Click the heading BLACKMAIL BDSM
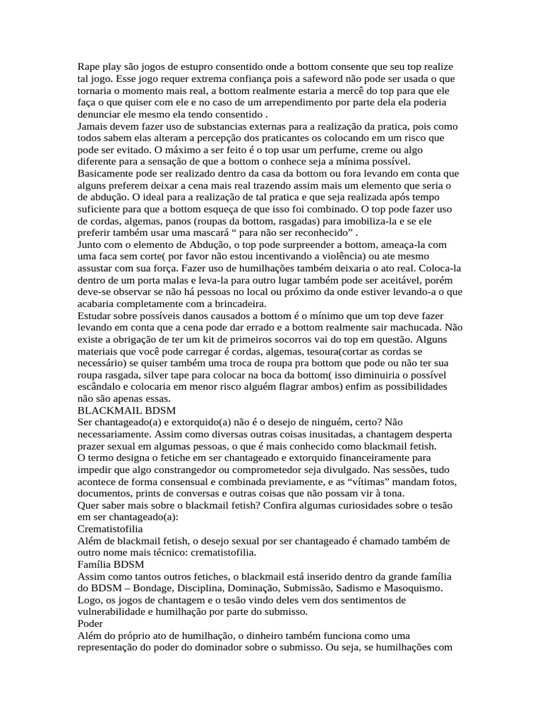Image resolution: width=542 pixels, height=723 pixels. tap(126, 410)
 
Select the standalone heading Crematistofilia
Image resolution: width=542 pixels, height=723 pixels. tap(110, 528)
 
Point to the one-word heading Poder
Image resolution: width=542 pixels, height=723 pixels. tap(90, 624)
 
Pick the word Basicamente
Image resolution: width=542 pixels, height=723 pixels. tap(109, 173)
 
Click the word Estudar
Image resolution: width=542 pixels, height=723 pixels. tap(97, 315)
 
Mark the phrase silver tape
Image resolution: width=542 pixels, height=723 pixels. tap(165, 375)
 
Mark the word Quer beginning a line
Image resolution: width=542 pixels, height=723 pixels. tap(88, 505)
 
